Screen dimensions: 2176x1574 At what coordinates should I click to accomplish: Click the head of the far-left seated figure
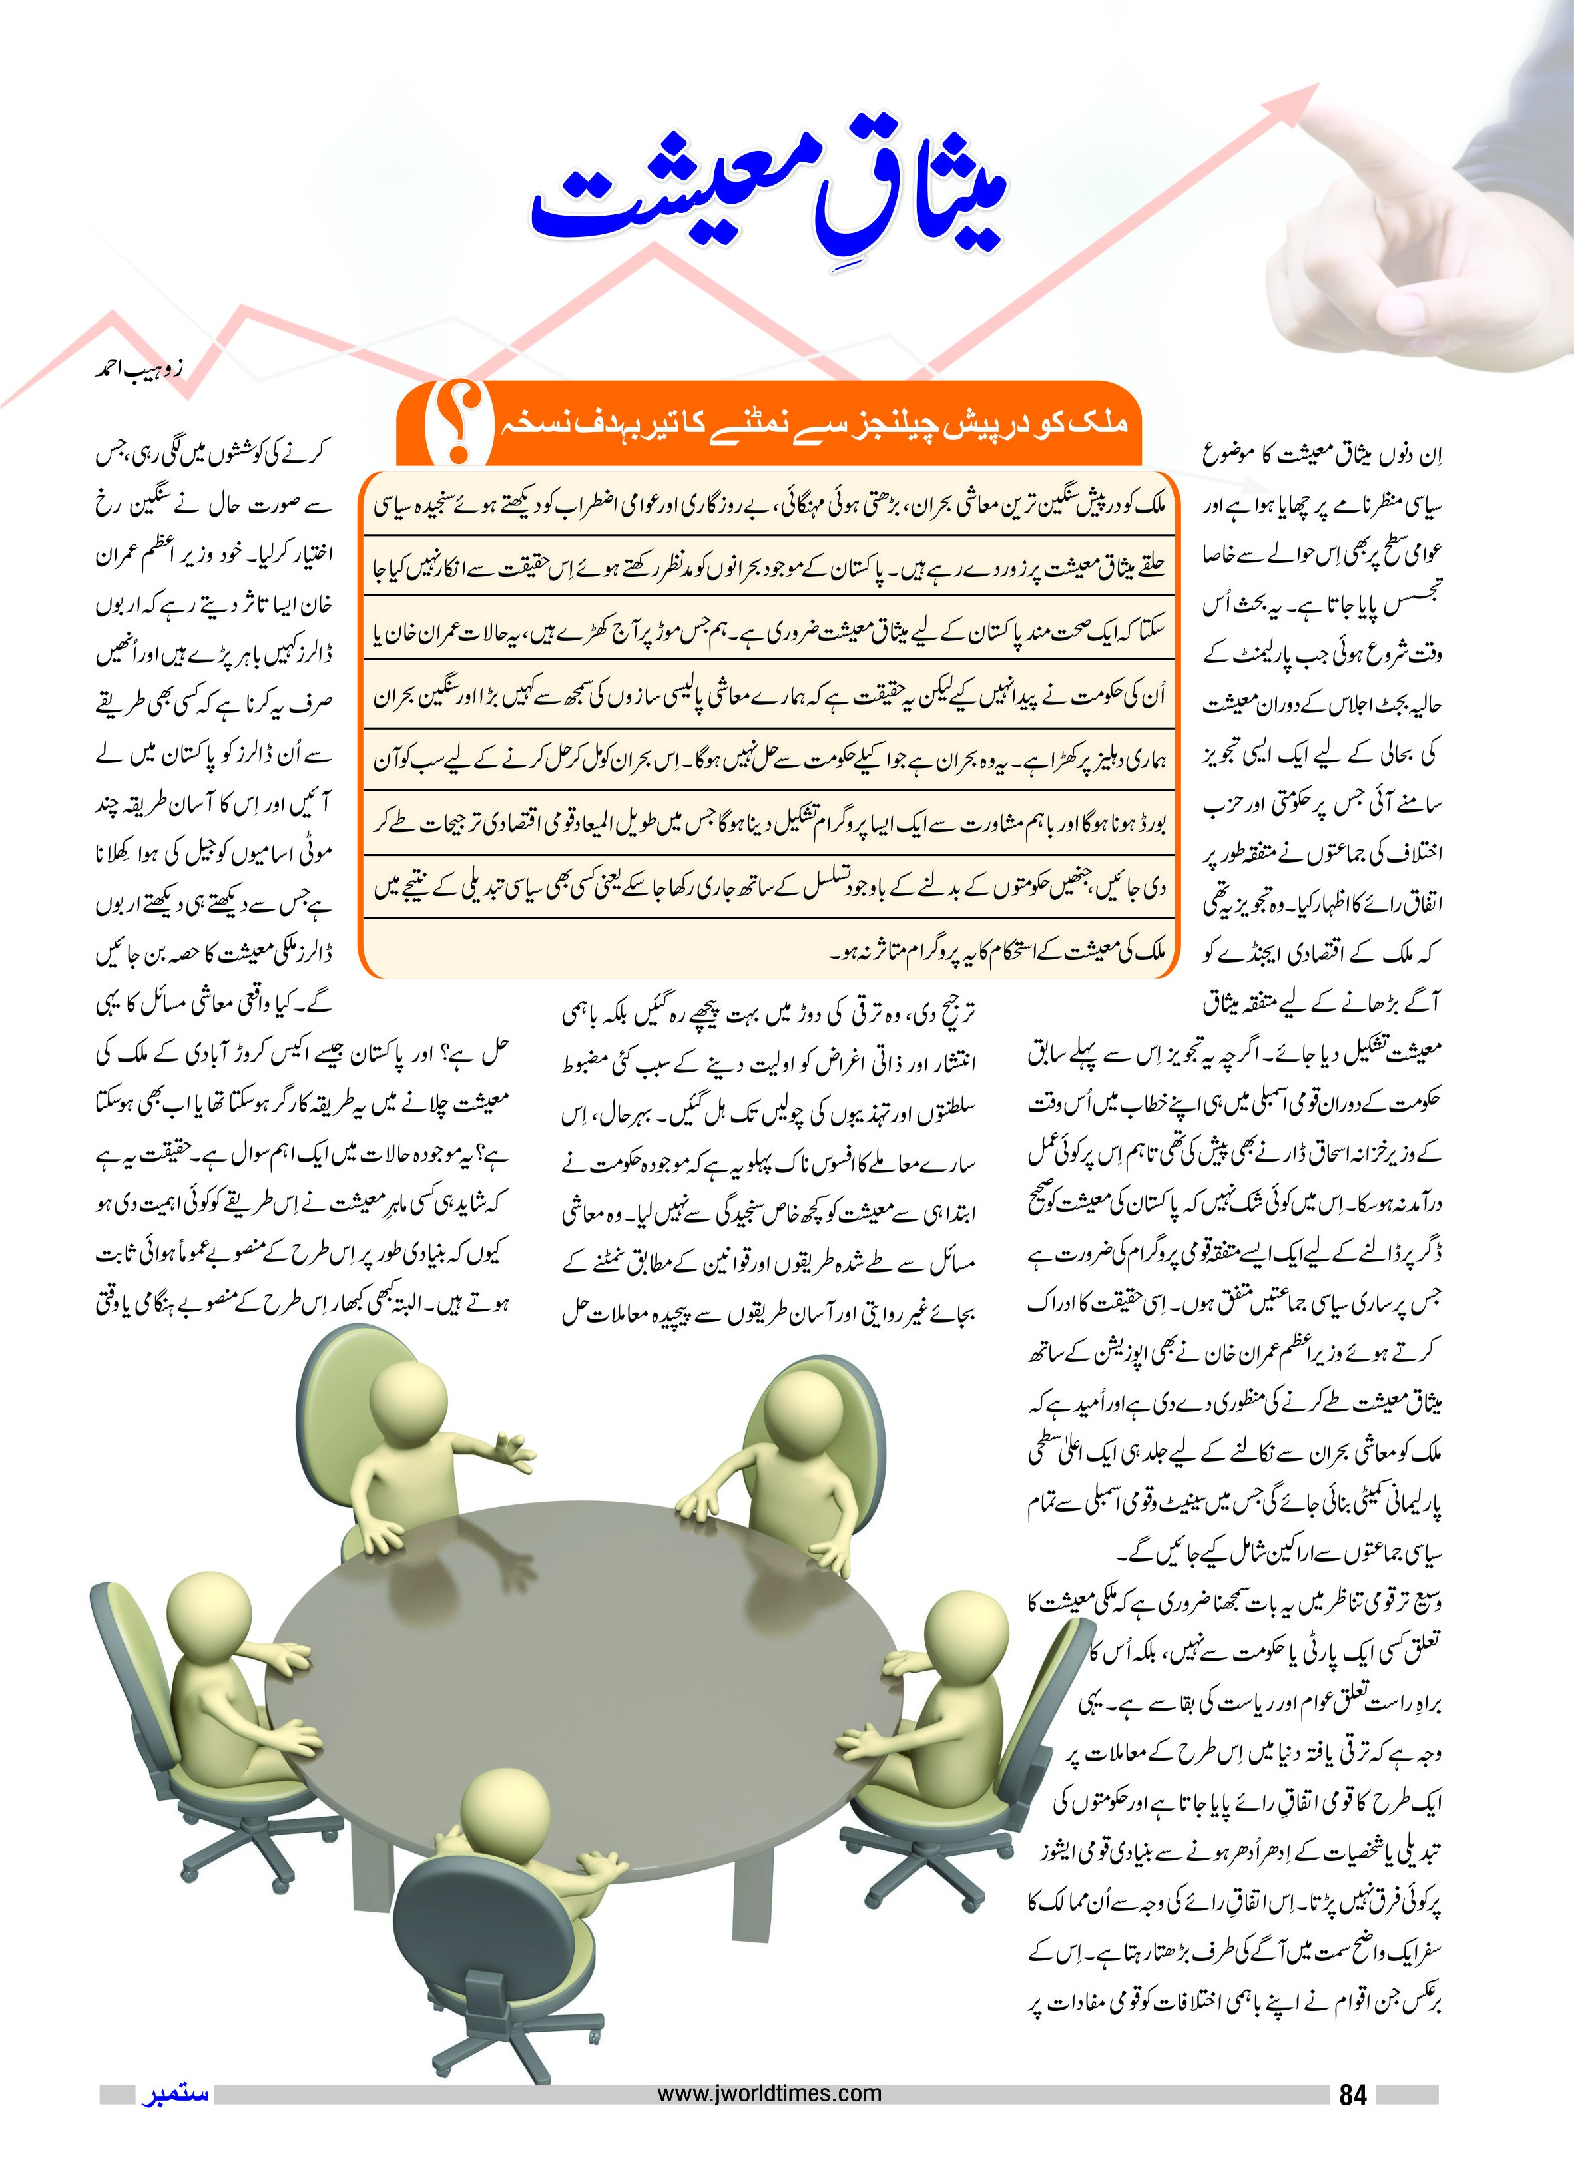pyautogui.click(x=209, y=1612)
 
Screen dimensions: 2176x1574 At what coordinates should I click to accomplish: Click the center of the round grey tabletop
pyautogui.click(x=585, y=1669)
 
